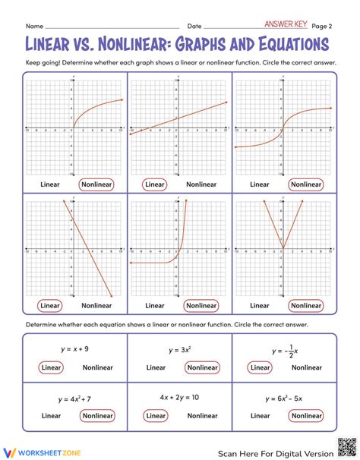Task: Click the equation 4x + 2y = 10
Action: (180, 397)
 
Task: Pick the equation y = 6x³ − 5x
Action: (286, 397)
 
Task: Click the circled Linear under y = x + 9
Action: (52, 367)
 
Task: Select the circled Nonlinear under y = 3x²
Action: (201, 367)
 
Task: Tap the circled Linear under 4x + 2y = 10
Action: (155, 415)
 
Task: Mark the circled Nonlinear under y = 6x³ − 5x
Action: (307, 415)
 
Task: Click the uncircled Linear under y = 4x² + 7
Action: (52, 415)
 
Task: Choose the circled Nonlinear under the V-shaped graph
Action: (307, 305)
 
